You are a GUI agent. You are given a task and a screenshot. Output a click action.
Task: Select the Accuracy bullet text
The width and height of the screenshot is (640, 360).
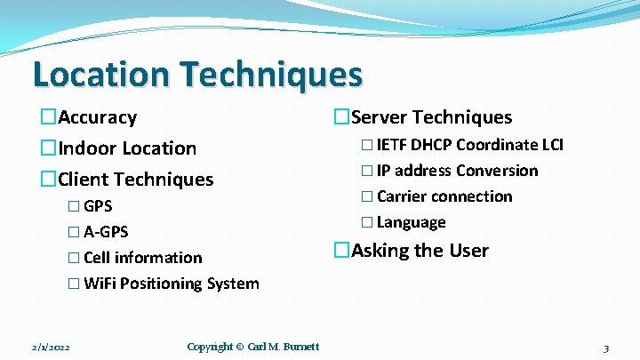pyautogui.click(x=97, y=117)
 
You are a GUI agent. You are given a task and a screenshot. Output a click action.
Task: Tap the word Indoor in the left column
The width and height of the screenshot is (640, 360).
pyautogui.click(x=87, y=148)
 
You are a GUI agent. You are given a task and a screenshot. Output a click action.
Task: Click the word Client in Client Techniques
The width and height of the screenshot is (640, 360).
pyautogui.click(x=84, y=180)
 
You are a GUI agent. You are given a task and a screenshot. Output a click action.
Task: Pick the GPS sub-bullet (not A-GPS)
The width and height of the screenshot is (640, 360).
pyautogui.click(x=98, y=206)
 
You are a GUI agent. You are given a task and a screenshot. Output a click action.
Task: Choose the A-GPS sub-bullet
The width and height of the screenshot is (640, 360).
pyautogui.click(x=106, y=232)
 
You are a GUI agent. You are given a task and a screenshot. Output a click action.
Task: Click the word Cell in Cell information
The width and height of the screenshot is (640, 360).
pyautogui.click(x=98, y=258)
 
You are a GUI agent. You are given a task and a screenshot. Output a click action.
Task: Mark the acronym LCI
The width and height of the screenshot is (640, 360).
pyautogui.click(x=551, y=145)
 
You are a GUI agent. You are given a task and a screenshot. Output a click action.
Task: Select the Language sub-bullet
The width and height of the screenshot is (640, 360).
pyautogui.click(x=412, y=222)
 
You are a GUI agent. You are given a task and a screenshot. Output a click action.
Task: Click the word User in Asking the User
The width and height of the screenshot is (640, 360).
pyautogui.click(x=468, y=251)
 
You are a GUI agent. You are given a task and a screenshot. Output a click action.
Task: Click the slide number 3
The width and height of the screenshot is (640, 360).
pyautogui.click(x=605, y=348)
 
